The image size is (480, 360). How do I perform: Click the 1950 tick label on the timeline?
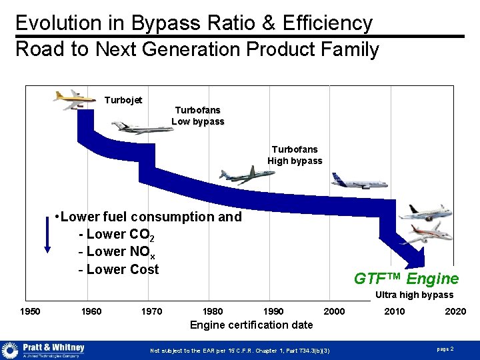(x=30, y=311)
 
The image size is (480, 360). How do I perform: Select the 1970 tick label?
(x=151, y=311)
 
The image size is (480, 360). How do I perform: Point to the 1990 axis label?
(x=273, y=311)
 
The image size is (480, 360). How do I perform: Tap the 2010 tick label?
(x=394, y=311)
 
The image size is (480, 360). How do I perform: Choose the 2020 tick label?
(x=455, y=311)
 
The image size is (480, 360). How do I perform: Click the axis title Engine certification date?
(x=251, y=325)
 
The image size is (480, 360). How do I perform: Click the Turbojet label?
(x=123, y=100)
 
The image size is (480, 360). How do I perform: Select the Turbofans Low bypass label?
(x=198, y=115)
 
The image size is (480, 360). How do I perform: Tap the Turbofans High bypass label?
(x=295, y=155)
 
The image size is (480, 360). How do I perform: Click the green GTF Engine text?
(x=406, y=279)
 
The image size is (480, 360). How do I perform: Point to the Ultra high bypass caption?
(x=414, y=295)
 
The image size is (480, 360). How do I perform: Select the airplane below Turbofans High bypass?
(x=247, y=174)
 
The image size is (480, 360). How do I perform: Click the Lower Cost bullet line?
(x=119, y=269)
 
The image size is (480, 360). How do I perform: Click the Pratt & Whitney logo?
(x=44, y=350)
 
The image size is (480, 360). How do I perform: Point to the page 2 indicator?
(x=445, y=349)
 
